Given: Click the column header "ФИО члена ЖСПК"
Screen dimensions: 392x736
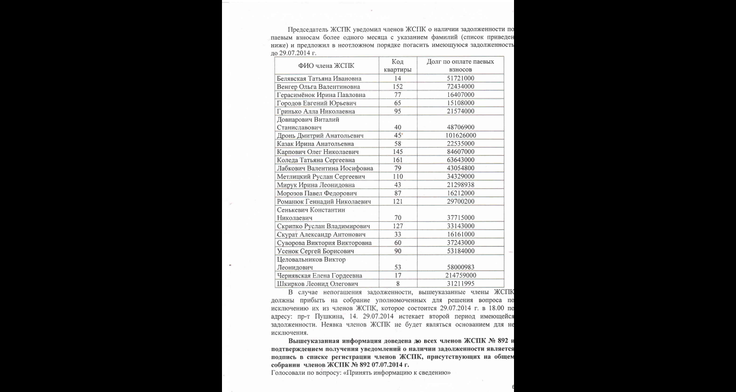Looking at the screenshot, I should pyautogui.click(x=326, y=66).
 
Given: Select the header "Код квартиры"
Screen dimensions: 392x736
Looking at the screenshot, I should pyautogui.click(x=398, y=66).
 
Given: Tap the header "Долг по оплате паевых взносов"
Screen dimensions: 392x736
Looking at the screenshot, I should pyautogui.click(x=460, y=66).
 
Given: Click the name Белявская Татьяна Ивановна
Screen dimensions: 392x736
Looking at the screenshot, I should pyautogui.click(x=319, y=79).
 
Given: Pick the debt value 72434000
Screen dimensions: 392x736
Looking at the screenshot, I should pyautogui.click(x=460, y=87).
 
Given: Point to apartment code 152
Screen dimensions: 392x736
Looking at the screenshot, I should pyautogui.click(x=398, y=87).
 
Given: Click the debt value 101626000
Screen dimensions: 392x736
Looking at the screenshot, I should pyautogui.click(x=460, y=136).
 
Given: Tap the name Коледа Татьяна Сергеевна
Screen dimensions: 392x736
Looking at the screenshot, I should pyautogui.click(x=316, y=160).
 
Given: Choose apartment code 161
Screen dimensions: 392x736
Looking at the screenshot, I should pyautogui.click(x=398, y=160).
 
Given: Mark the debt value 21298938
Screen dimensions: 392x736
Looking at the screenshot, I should pyautogui.click(x=460, y=185).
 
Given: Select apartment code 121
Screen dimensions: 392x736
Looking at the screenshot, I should pyautogui.click(x=398, y=201).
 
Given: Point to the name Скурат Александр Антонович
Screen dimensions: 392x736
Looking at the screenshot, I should pyautogui.click(x=321, y=234).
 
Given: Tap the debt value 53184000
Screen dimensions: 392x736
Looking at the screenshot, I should pyautogui.click(x=460, y=251).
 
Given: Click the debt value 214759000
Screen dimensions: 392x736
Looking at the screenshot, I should pyautogui.click(x=460, y=276).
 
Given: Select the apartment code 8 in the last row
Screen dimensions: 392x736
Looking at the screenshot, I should pyautogui.click(x=398, y=284).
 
